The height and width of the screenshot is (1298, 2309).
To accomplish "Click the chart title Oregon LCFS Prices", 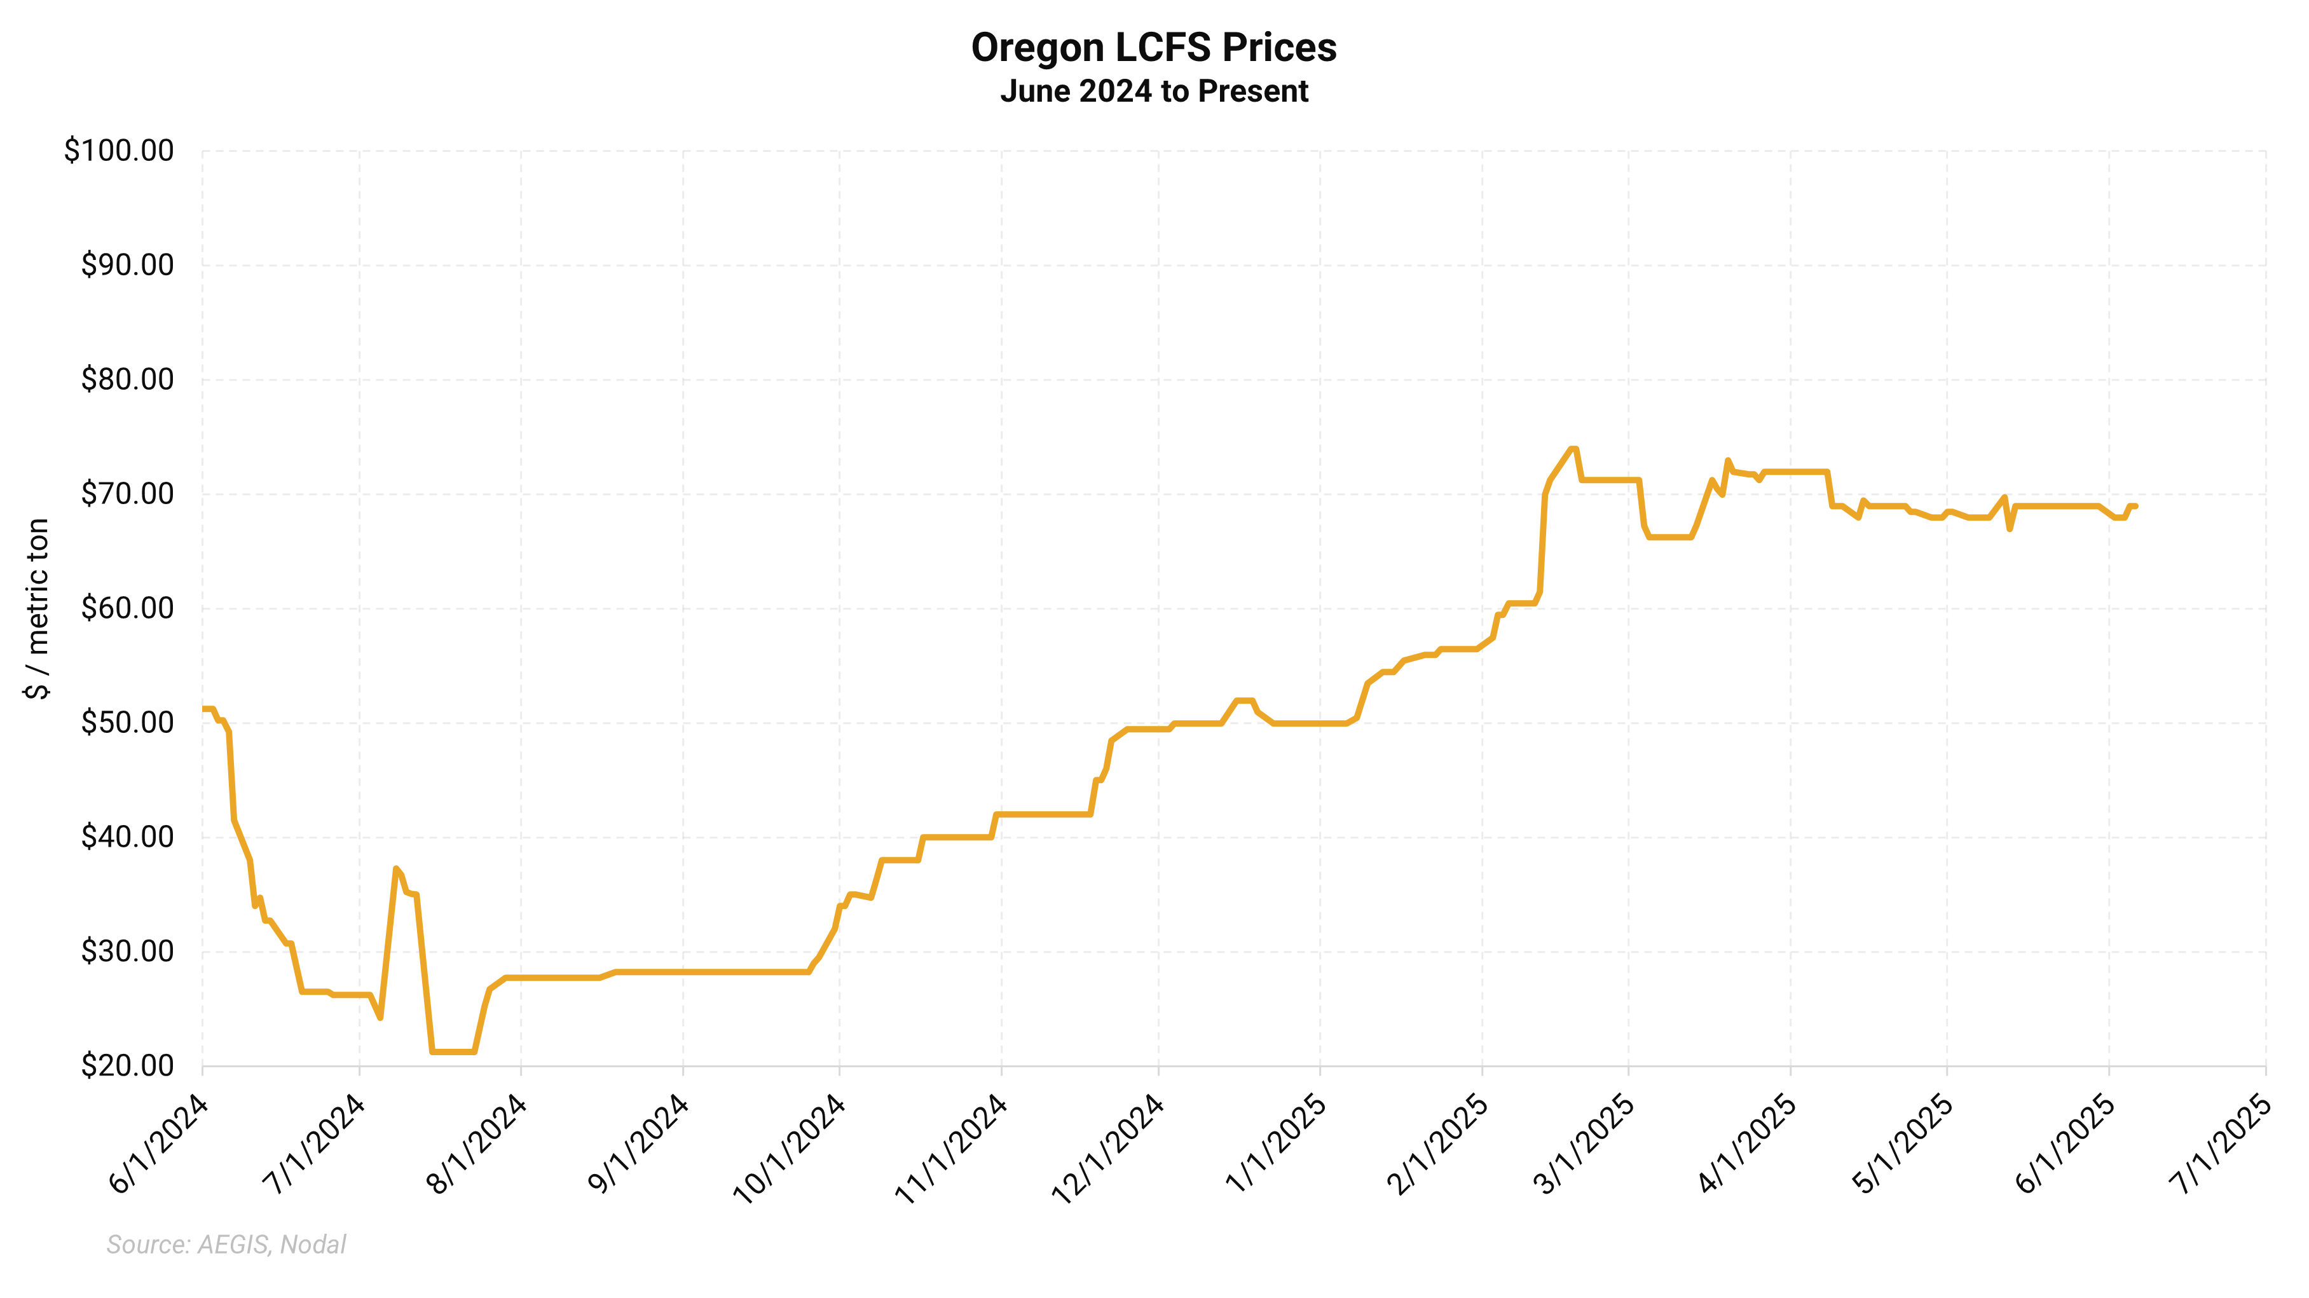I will point(1154,48).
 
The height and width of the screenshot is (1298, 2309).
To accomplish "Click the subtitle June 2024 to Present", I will point(1154,92).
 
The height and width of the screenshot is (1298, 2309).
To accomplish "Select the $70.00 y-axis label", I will point(127,494).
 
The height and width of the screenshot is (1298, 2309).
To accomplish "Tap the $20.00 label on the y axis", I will point(127,1066).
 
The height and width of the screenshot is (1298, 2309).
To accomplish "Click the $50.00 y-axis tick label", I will point(127,723).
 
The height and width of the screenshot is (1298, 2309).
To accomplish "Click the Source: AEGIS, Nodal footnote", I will point(226,1244).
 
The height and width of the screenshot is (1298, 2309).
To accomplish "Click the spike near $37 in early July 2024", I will point(395,869).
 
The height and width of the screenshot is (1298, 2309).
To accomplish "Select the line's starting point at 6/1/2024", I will point(203,709).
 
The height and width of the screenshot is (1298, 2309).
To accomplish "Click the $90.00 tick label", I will point(127,265).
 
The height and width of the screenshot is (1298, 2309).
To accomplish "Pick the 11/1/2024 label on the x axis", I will point(952,1147).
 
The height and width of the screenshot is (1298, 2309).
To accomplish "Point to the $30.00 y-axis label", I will point(127,951).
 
